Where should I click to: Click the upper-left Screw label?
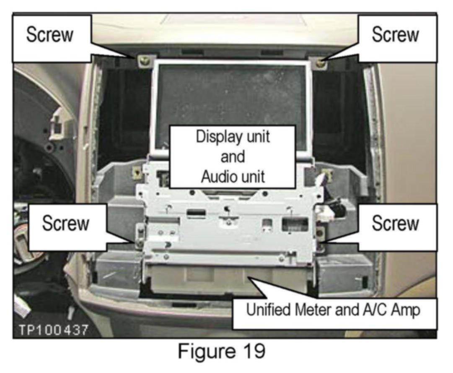tap(49, 35)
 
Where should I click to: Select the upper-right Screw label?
tap(395, 35)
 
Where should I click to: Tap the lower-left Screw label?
tap(65, 223)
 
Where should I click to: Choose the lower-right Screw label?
tap(395, 223)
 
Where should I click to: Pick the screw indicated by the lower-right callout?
tap(321, 243)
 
